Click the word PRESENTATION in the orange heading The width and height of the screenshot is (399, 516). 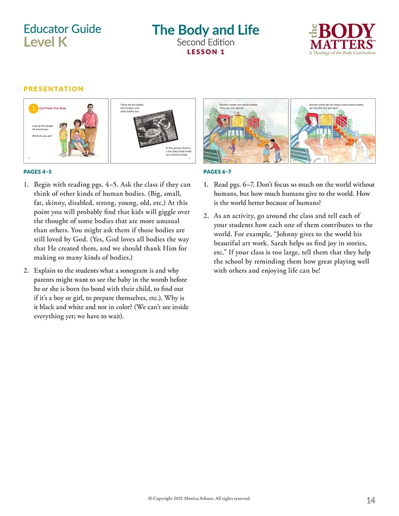click(x=54, y=89)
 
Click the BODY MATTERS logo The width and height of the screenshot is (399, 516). click(x=341, y=39)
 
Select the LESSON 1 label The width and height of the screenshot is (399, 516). click(x=206, y=52)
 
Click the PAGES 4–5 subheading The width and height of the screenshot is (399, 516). click(x=40, y=171)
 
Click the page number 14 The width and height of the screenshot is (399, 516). click(x=370, y=500)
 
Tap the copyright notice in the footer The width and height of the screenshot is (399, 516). click(x=199, y=498)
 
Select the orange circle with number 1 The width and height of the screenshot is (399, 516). click(x=33, y=108)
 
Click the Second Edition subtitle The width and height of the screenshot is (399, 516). click(x=205, y=42)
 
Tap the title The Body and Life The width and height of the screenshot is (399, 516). click(x=205, y=30)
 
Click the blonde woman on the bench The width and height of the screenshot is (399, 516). click(x=216, y=142)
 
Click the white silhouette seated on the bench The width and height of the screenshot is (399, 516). click(x=304, y=140)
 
